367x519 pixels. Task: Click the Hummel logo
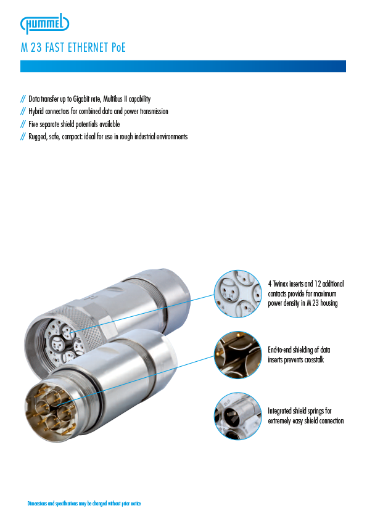[x=44, y=24]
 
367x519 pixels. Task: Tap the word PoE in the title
[x=118, y=47]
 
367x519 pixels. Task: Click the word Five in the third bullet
[x=33, y=124]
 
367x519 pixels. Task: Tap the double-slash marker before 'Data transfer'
[x=23, y=99]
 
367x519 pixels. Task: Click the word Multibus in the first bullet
[x=113, y=99]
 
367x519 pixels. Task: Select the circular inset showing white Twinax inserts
[x=237, y=293]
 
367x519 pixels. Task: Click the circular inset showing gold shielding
[x=237, y=354]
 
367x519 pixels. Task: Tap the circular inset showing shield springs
[x=237, y=415]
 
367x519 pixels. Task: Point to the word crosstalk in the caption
[x=313, y=360]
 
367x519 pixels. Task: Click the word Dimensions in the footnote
[x=38, y=504]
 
